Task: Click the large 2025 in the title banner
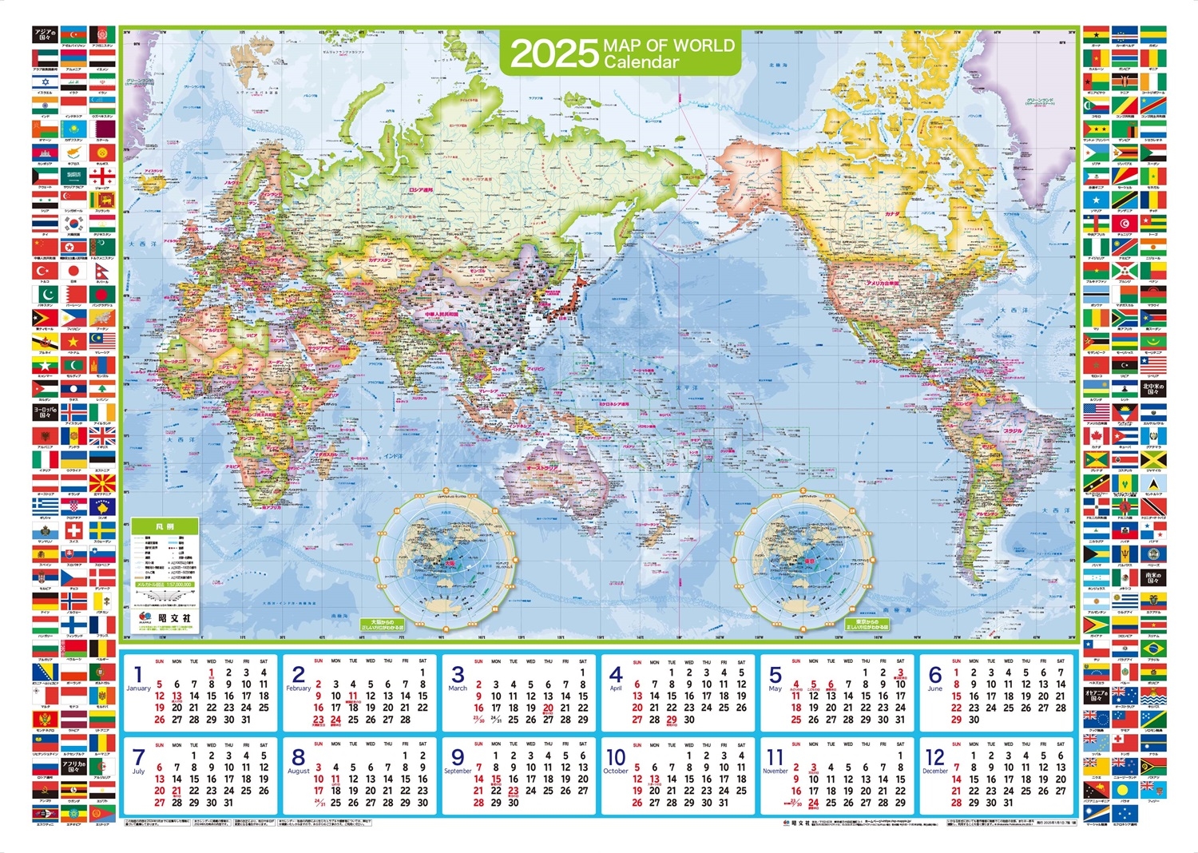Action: (x=554, y=54)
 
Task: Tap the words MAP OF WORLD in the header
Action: (x=668, y=45)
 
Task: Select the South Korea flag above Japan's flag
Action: (x=73, y=224)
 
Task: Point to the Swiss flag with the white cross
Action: (x=73, y=530)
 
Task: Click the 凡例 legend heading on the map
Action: (x=165, y=527)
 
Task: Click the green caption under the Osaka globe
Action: (x=383, y=625)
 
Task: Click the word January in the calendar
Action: (x=138, y=688)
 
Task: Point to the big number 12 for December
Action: (x=935, y=757)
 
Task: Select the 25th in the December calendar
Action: (x=1026, y=791)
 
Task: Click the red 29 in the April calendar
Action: (x=672, y=720)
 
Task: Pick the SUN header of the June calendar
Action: (x=957, y=661)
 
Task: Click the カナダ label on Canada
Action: (x=891, y=214)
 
